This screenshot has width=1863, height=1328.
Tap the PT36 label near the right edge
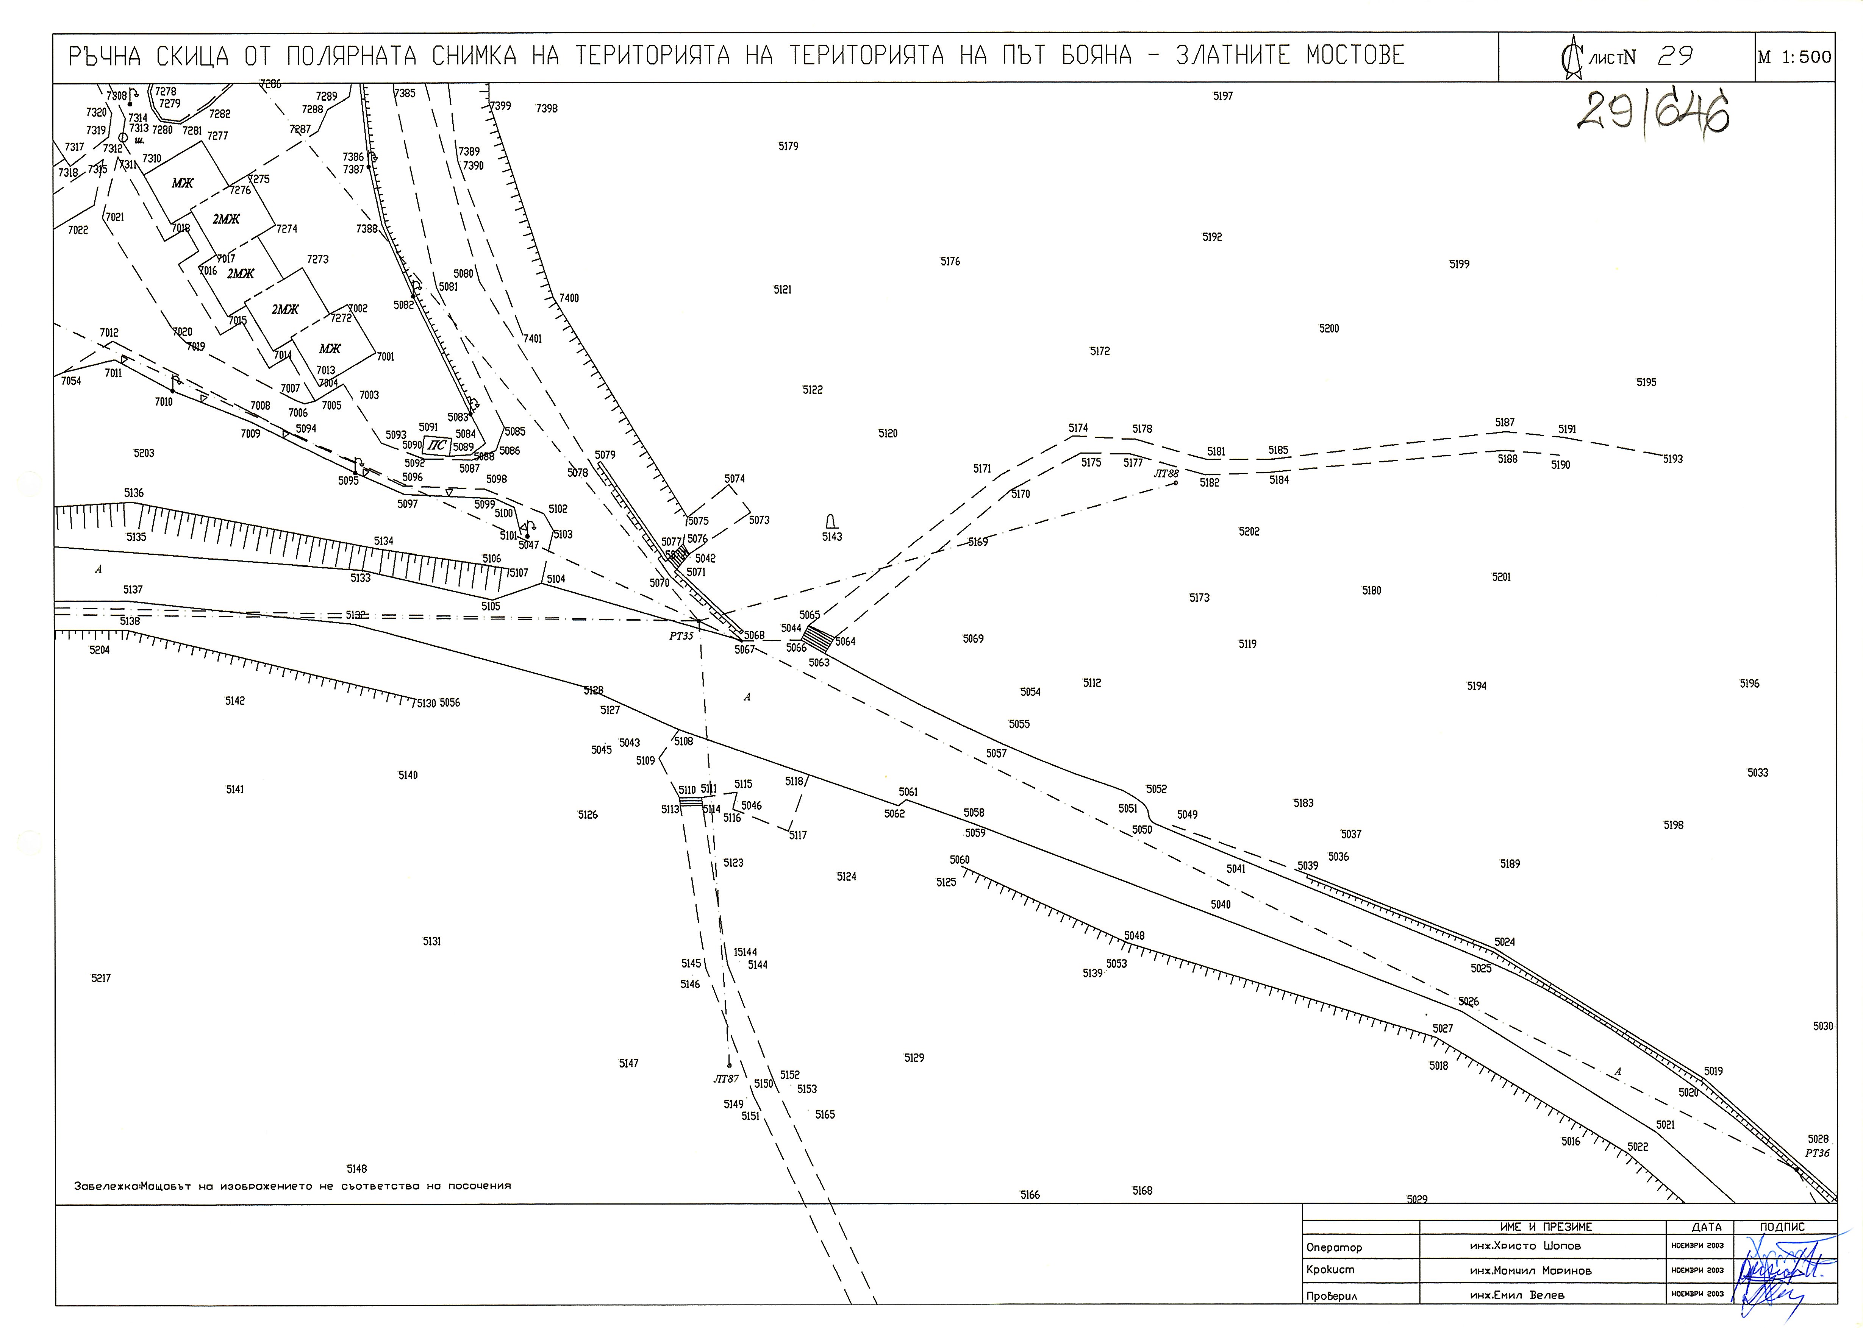[1817, 1153]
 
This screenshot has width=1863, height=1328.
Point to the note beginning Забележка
[292, 1186]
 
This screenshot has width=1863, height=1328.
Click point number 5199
[1459, 264]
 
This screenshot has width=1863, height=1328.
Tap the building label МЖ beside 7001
[330, 348]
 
